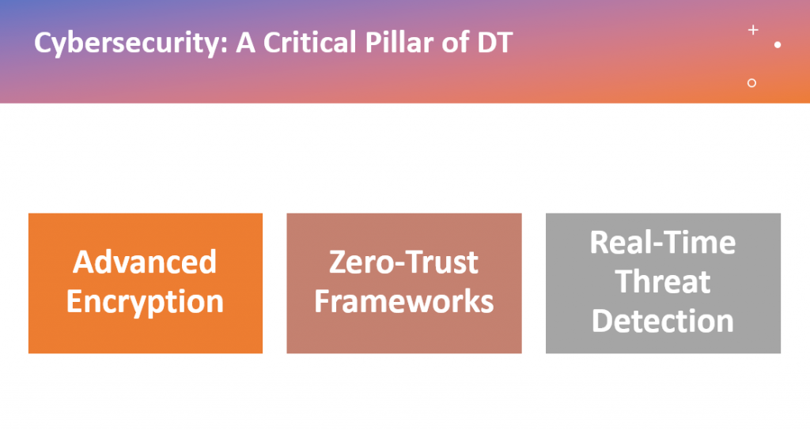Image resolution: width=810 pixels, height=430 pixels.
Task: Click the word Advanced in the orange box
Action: pos(145,262)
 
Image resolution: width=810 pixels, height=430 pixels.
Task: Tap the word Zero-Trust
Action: pos(403,262)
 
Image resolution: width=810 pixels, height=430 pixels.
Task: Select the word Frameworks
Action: pos(404,301)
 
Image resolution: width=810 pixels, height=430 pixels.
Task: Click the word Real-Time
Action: pos(663,242)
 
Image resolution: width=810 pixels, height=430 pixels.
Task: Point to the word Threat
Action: pos(663,282)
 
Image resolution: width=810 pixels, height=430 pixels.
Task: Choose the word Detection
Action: pos(663,321)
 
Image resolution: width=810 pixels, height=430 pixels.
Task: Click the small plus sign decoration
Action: pos(753,30)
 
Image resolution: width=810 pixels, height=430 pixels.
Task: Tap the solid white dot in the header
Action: pos(778,45)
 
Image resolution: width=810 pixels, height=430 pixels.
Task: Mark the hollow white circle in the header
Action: pos(751,82)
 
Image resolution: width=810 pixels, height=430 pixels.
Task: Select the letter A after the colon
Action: pos(246,43)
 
